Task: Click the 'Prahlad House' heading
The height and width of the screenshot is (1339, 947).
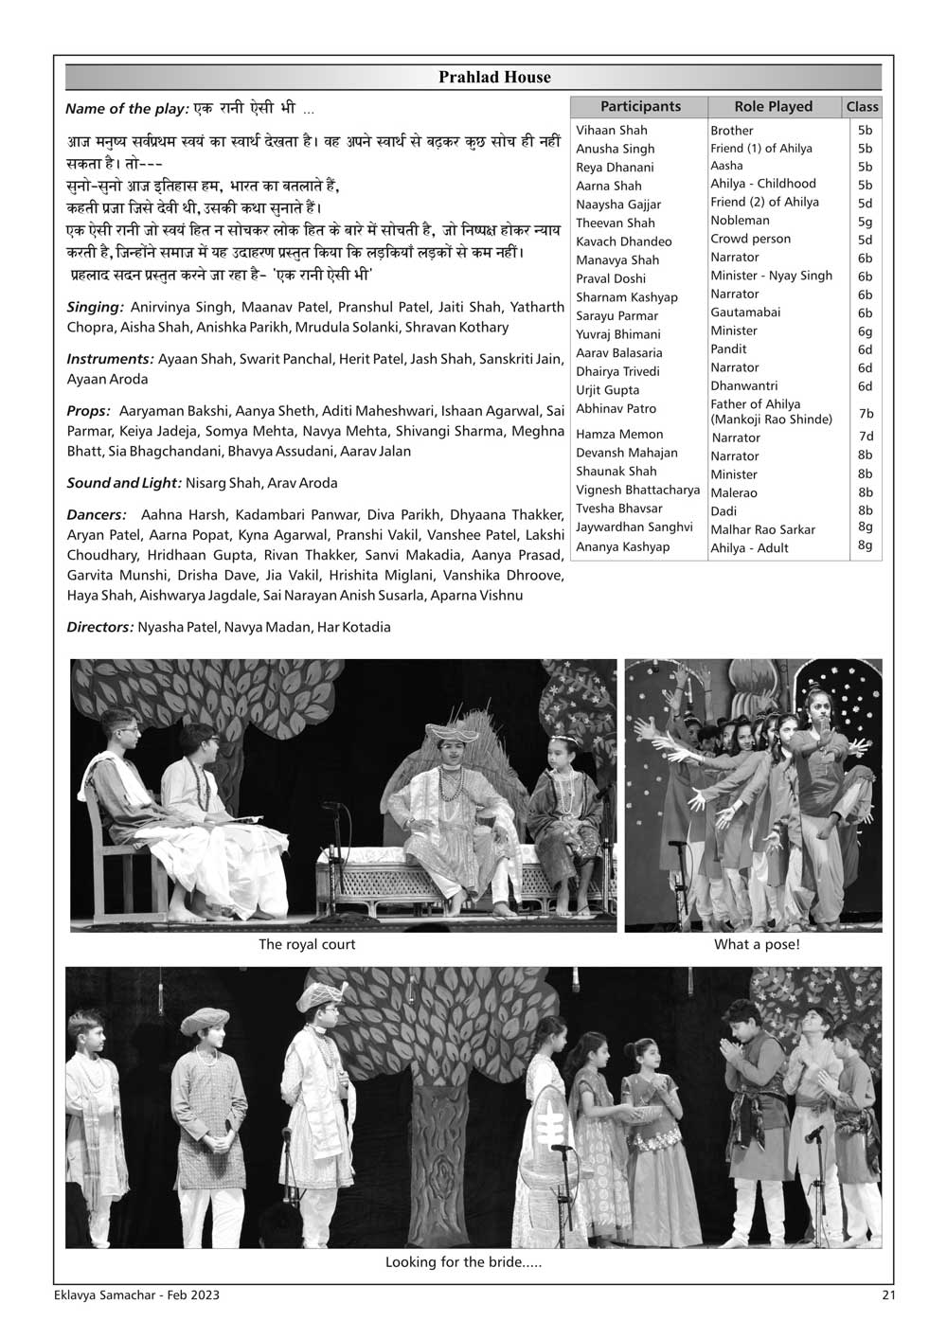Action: click(493, 78)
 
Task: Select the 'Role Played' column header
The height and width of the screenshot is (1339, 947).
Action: click(773, 107)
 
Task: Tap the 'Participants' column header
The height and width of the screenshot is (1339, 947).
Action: click(640, 107)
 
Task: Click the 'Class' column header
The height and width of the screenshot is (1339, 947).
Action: click(862, 107)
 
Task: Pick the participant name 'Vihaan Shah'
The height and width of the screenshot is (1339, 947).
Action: click(612, 131)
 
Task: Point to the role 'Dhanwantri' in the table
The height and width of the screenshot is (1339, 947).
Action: click(743, 386)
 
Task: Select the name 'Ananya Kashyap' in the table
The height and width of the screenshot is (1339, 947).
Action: click(622, 546)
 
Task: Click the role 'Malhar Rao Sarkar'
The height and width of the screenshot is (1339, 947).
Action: click(762, 529)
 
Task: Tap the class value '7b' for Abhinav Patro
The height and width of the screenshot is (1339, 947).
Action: click(865, 414)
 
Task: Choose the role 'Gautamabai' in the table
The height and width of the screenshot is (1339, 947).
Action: click(745, 312)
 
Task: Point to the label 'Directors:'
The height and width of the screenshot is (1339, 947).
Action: click(100, 627)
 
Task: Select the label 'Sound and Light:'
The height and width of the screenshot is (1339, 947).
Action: click(124, 483)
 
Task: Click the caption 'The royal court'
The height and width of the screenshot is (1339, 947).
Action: click(307, 945)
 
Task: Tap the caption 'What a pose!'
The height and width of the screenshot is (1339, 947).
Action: click(757, 945)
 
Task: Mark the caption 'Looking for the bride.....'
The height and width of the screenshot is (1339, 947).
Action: click(463, 1262)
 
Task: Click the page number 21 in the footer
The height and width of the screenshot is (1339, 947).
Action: click(885, 1295)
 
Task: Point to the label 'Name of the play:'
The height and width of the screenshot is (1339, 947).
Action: click(127, 109)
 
